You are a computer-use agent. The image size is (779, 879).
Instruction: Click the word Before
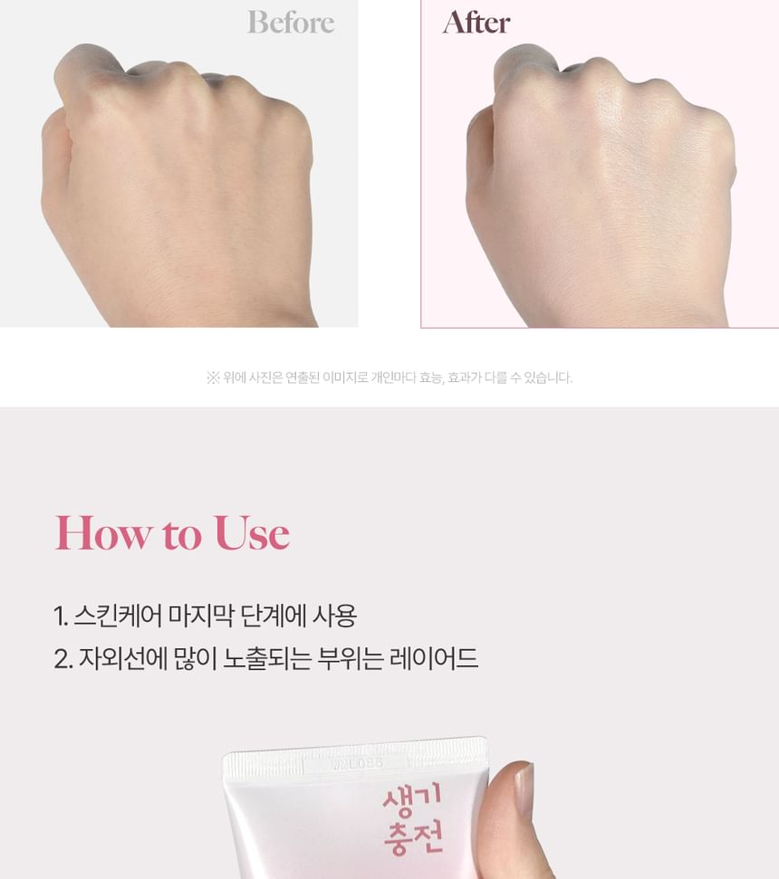point(291,23)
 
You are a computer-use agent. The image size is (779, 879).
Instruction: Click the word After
point(476,23)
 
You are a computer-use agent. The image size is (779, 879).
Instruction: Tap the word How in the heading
point(103,532)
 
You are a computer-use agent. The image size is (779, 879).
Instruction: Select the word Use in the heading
point(252,532)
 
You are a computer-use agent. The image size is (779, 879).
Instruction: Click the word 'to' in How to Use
point(182,535)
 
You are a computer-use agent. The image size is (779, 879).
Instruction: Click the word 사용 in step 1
point(334,616)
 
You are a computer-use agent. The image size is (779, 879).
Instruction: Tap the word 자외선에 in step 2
point(123,658)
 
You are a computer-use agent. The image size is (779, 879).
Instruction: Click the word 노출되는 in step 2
point(267,658)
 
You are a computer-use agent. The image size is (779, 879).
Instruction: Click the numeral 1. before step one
point(61,616)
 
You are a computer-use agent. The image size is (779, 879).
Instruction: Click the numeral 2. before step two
point(63,659)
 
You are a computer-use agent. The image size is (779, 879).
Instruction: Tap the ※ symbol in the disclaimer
point(213,377)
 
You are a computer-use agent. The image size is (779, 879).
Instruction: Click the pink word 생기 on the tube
point(411,800)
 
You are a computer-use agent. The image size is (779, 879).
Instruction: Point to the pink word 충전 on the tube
point(413,838)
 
